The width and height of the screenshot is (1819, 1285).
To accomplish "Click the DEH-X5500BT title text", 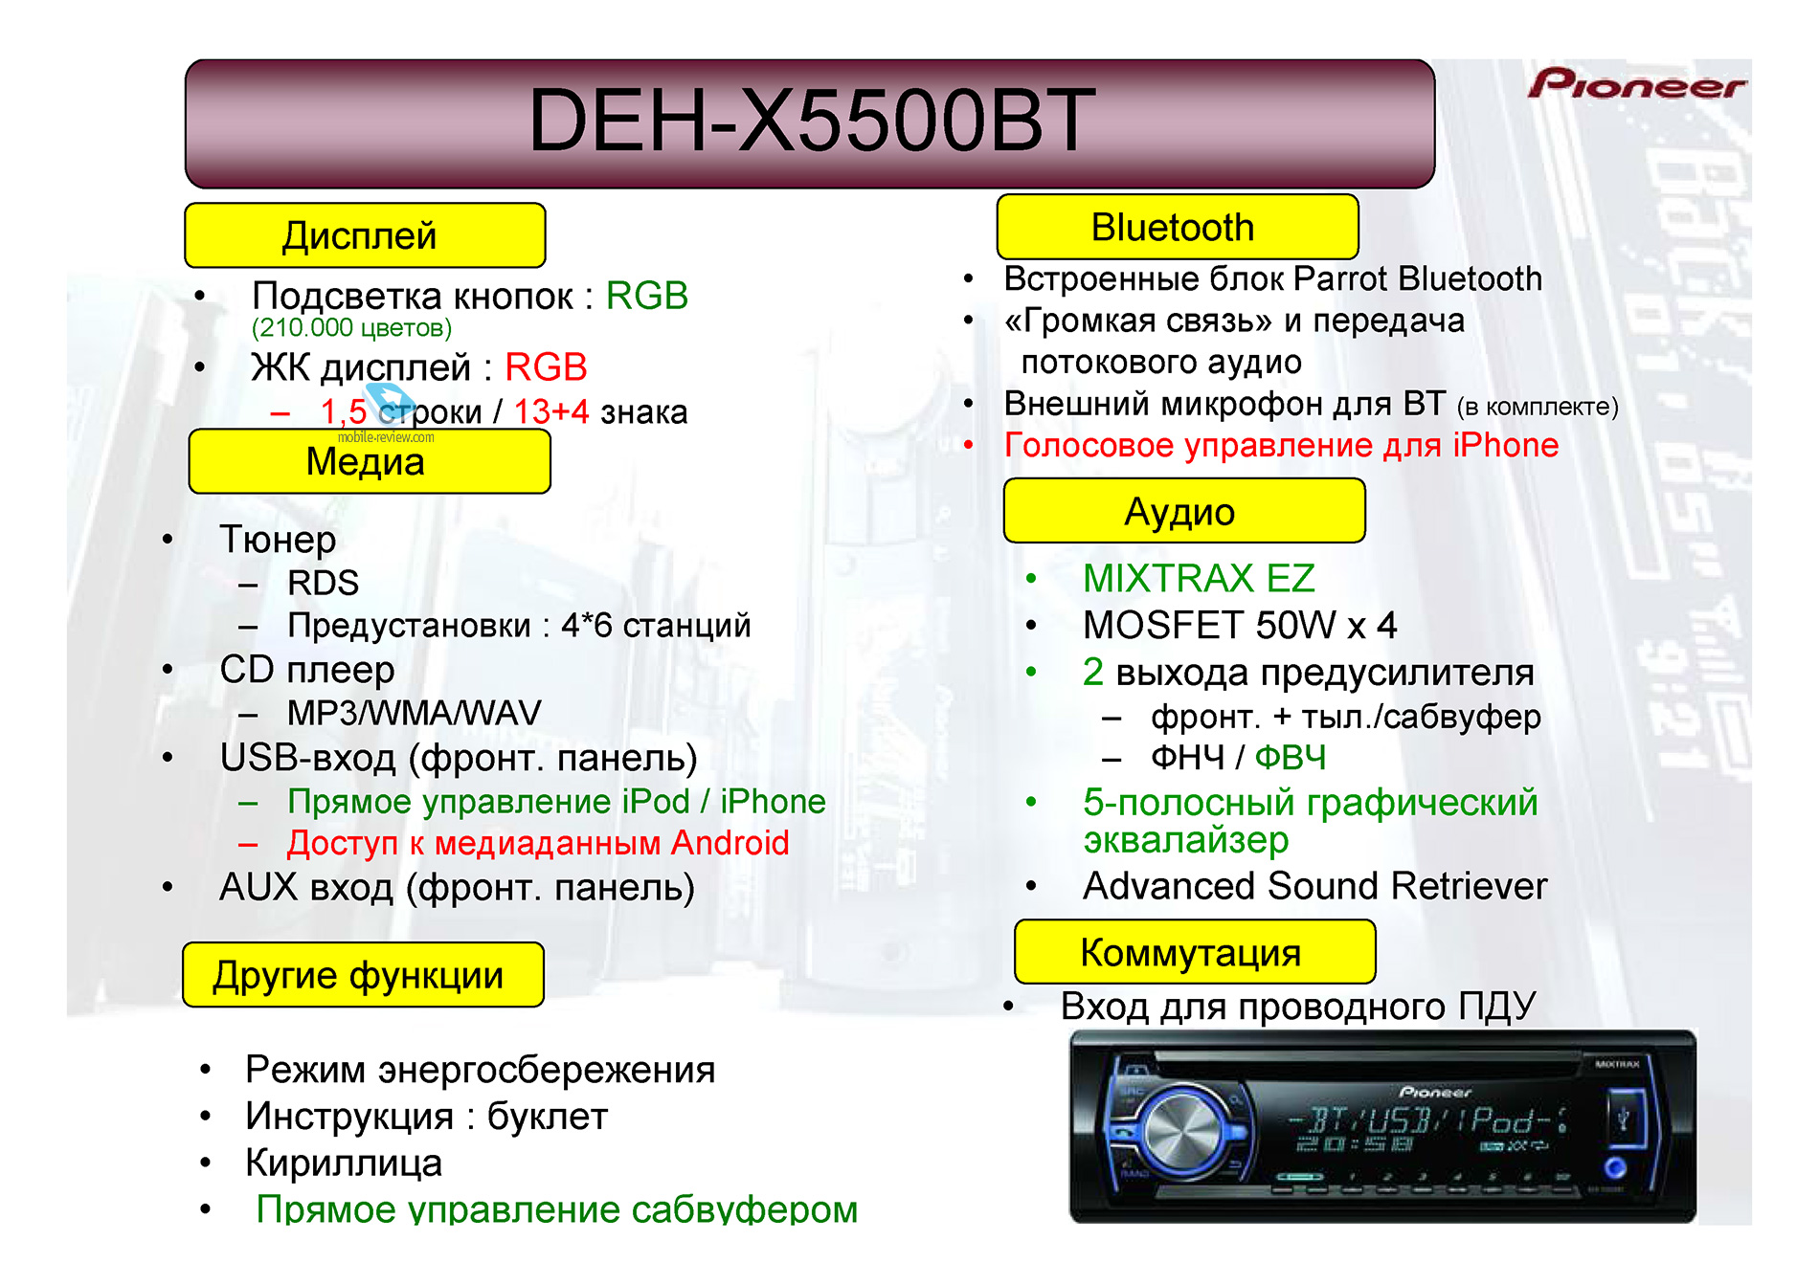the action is (811, 121).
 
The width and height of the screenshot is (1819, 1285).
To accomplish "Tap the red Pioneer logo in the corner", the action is (1636, 84).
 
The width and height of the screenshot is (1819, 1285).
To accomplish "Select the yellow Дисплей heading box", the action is (365, 235).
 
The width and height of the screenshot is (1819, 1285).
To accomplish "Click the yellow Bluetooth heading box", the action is (1177, 227).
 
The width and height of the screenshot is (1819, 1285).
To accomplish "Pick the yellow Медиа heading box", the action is (370, 461).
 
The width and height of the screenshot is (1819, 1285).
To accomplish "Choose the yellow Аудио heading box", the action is (1184, 511).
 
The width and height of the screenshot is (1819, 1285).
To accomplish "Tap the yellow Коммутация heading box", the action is (1195, 952).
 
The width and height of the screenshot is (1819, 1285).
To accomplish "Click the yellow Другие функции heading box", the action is (363, 975).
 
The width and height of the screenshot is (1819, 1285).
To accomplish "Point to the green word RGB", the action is (647, 296).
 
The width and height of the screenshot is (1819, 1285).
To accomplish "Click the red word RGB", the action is (546, 367).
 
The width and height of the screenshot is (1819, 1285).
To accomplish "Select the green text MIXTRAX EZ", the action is (1199, 578).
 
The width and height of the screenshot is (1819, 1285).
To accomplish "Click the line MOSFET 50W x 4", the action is (1240, 626).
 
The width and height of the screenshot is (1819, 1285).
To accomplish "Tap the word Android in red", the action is (730, 843).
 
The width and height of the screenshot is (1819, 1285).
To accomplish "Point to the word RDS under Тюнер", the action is (323, 583).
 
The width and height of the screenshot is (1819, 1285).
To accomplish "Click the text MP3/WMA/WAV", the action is (414, 713).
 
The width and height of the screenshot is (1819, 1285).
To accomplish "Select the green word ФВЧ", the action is (1291, 758).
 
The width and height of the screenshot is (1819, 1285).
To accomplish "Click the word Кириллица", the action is (344, 1163).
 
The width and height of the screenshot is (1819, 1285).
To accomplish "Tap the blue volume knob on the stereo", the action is (1183, 1133).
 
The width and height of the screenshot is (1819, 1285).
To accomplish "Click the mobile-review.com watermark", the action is (386, 437).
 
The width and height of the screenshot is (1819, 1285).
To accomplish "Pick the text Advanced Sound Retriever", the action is (1314, 886).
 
